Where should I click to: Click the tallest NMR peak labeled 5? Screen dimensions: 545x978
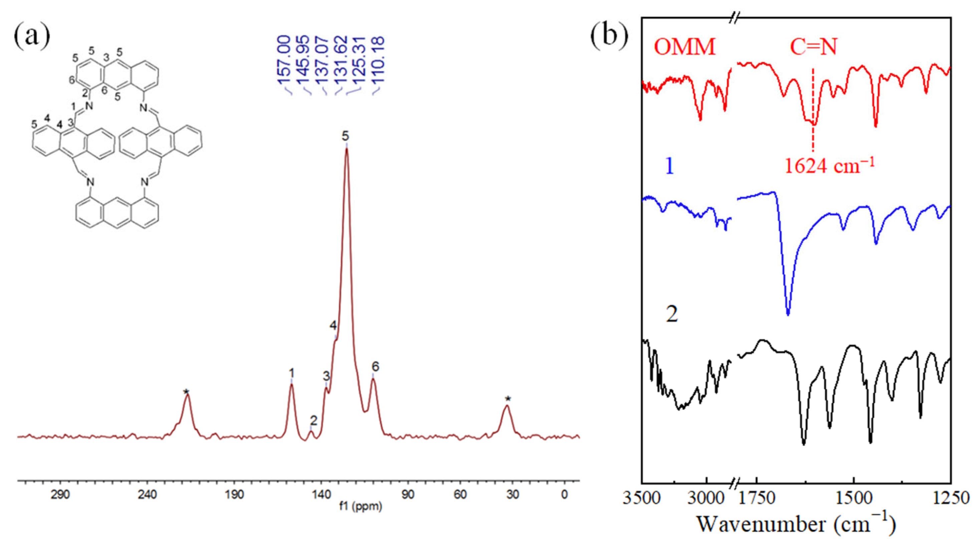point(346,150)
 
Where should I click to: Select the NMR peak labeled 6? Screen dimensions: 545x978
point(373,379)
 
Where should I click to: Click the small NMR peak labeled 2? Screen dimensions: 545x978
point(311,431)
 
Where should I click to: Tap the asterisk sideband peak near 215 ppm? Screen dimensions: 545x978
point(187,395)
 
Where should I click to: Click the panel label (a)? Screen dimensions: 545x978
point(32,38)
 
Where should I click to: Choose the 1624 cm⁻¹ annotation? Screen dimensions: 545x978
point(829,166)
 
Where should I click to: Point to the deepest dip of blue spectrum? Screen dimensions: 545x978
point(788,314)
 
